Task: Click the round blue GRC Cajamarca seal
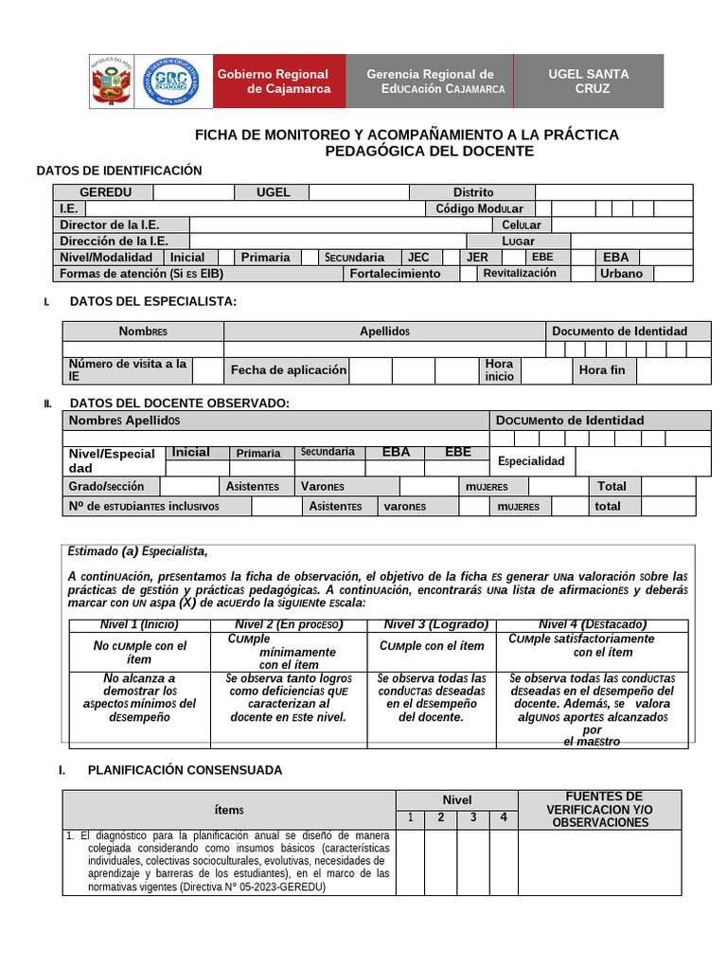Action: (x=172, y=81)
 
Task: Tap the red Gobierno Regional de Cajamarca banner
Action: (x=275, y=81)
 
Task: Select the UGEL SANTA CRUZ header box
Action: (x=588, y=81)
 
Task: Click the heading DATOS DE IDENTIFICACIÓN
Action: (x=119, y=171)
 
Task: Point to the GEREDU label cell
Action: (x=105, y=192)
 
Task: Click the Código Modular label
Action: (x=480, y=208)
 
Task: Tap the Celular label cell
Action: (x=522, y=225)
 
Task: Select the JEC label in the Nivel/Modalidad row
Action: (x=418, y=257)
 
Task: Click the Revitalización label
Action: (x=520, y=273)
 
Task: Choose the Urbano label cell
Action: (x=621, y=273)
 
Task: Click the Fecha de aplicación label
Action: (x=289, y=369)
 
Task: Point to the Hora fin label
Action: (x=602, y=369)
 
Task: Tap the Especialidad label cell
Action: (x=531, y=460)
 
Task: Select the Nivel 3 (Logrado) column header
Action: (x=435, y=625)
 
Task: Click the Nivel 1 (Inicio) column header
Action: (x=139, y=625)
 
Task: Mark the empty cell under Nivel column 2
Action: (x=440, y=862)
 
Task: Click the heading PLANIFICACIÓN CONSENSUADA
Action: (x=185, y=770)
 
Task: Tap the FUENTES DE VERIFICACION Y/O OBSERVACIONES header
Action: (x=599, y=809)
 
